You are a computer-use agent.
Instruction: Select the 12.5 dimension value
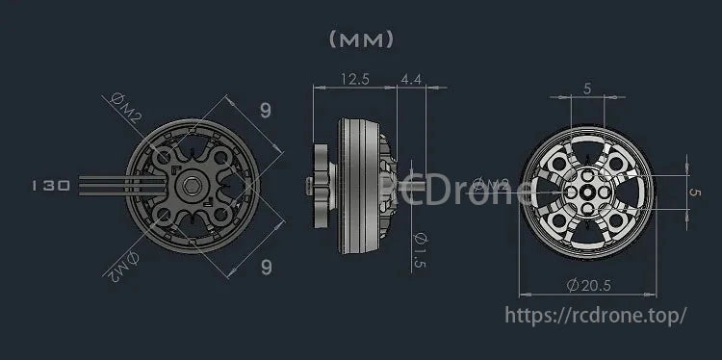pos(354,81)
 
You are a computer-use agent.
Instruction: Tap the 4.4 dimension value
pos(411,81)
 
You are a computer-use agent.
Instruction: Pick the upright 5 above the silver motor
pos(587,89)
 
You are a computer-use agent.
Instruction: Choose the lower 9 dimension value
pos(266,268)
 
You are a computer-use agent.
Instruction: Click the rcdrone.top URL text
pos(597,315)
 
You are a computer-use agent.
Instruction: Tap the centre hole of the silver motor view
pos(588,193)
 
